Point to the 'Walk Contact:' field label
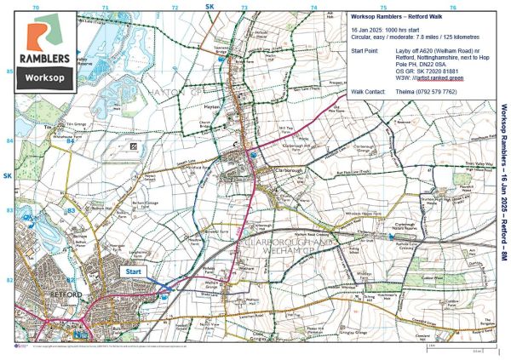[368, 91]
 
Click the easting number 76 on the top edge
[452, 7]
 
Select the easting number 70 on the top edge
[35, 7]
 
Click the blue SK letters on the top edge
[209, 6]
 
